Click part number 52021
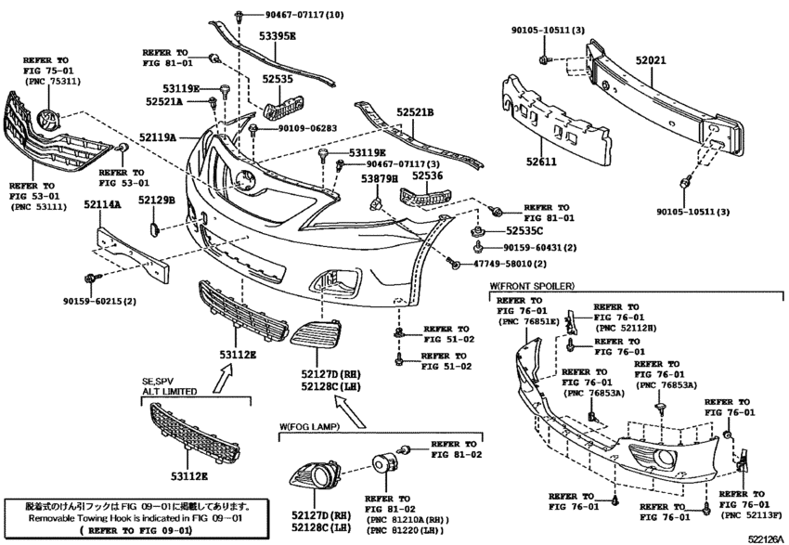pyautogui.click(x=652, y=59)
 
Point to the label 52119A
pyautogui.click(x=158, y=137)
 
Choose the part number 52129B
pyautogui.click(x=156, y=201)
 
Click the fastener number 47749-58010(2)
pyautogui.click(x=509, y=265)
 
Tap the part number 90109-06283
pyautogui.click(x=304, y=128)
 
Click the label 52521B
pyautogui.click(x=415, y=112)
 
